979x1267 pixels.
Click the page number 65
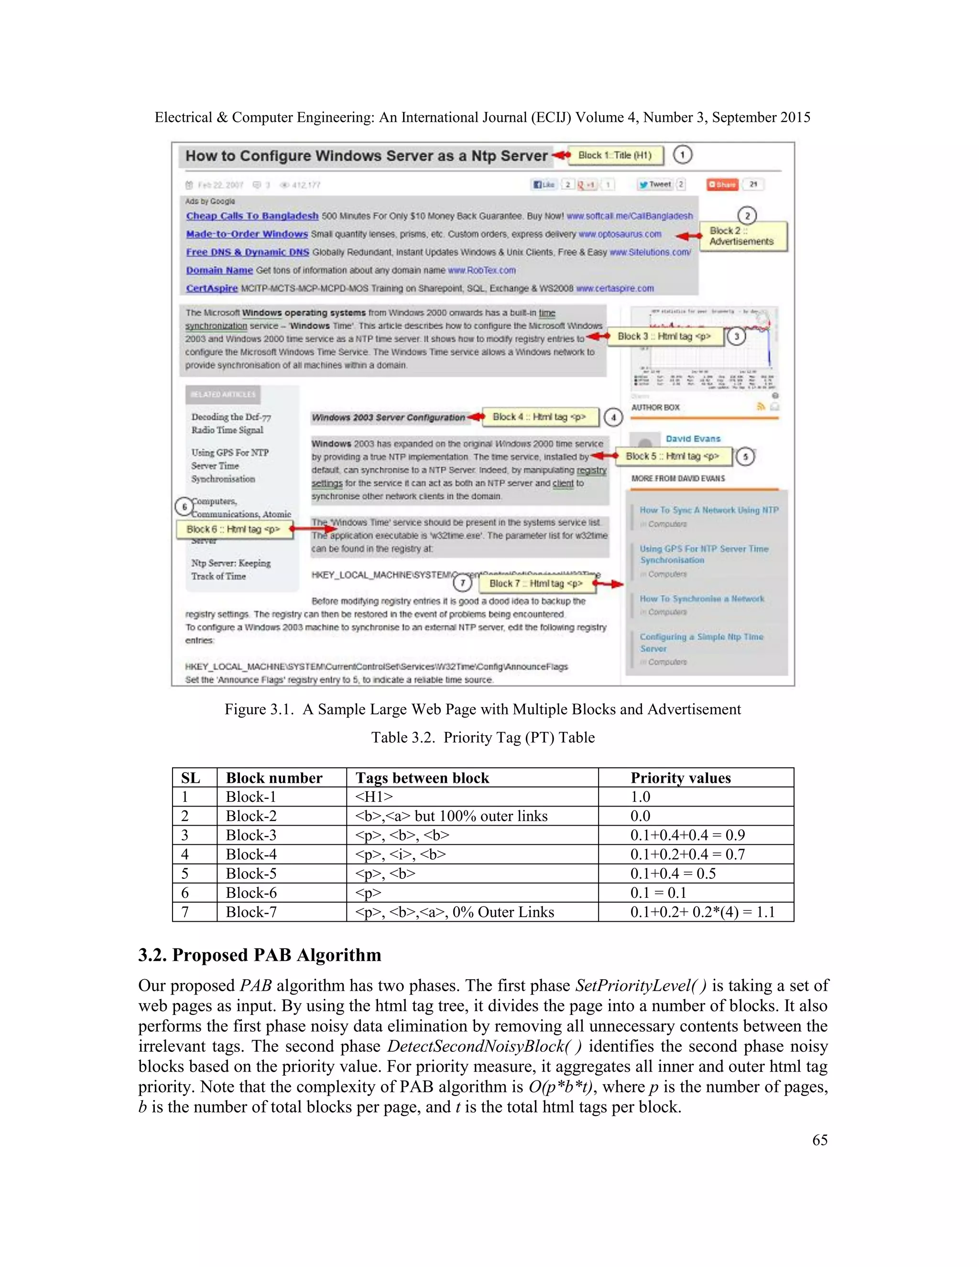pos(819,1140)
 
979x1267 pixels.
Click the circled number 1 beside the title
pos(682,155)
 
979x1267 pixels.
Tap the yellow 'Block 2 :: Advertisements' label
pos(742,236)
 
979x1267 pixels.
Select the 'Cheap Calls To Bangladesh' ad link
pos(252,216)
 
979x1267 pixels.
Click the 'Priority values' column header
pos(680,778)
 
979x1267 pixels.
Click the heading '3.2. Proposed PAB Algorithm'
pos(259,955)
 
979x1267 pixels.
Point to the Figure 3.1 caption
pos(482,710)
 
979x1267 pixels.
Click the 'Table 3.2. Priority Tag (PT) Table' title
pos(482,737)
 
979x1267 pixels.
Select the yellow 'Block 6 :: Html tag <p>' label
pos(234,529)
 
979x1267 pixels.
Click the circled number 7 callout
pos(462,582)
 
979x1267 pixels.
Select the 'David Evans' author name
pos(693,439)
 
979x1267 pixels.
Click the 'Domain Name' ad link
pos(219,270)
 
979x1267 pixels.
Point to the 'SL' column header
pos(190,778)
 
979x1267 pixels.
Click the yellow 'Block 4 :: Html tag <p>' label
pos(539,416)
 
